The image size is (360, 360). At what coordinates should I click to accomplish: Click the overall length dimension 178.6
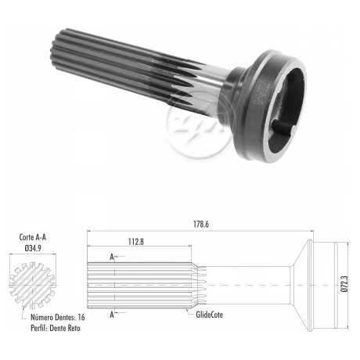201,225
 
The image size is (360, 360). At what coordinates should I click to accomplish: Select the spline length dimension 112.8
136,242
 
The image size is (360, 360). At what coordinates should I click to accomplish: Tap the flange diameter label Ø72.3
344,284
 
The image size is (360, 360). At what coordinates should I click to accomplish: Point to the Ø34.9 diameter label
33,248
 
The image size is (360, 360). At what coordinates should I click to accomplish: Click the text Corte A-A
33,237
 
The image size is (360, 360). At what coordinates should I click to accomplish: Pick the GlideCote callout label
209,315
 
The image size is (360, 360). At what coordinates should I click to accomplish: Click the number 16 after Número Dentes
81,317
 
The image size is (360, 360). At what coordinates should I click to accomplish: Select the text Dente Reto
65,328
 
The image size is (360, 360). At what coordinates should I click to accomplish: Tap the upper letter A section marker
112,257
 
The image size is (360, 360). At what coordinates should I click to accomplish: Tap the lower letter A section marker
112,315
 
